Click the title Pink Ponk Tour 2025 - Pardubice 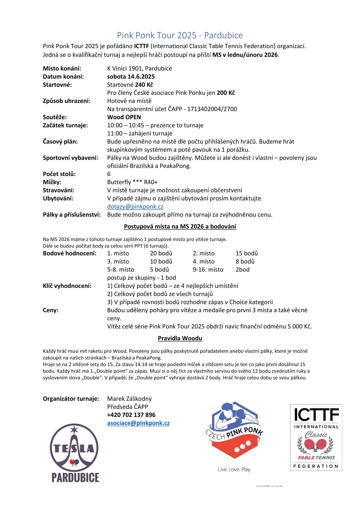click(x=180, y=35)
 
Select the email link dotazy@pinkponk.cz click(x=135, y=207)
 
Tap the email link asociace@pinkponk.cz click(x=138, y=423)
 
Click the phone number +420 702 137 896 click(x=131, y=415)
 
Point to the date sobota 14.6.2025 click(x=131, y=77)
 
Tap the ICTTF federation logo click(x=316, y=437)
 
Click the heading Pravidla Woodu click(x=180, y=338)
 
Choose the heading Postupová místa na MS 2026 click(x=180, y=227)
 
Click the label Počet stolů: click(x=59, y=174)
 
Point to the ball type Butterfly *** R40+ click(x=132, y=182)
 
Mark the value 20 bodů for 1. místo click(x=161, y=253)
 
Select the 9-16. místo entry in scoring click(x=208, y=269)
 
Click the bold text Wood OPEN click(x=124, y=117)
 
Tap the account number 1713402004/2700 click(x=212, y=109)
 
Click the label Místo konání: click(x=62, y=68)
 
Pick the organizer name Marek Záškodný click(x=129, y=399)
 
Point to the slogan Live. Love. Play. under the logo click(x=234, y=469)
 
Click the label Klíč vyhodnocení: click(x=67, y=286)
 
